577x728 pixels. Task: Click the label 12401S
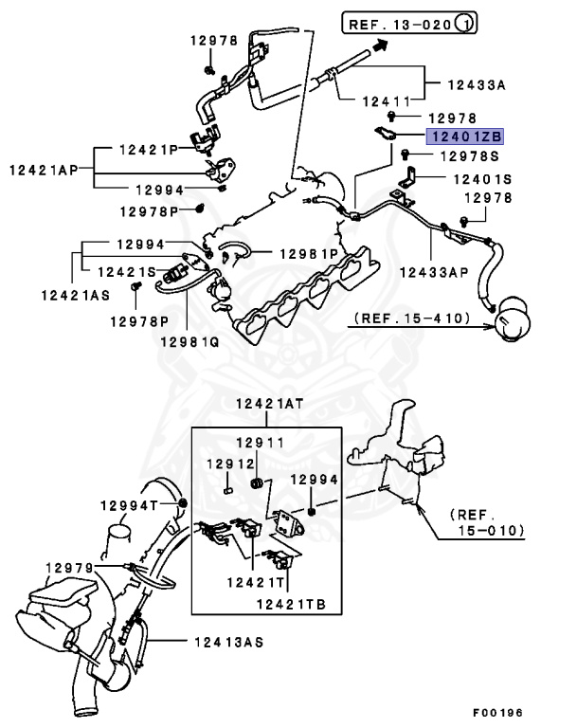(479, 178)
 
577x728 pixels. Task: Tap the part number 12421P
(148, 150)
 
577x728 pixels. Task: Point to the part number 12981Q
(189, 340)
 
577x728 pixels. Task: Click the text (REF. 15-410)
(413, 318)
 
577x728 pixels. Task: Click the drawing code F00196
(497, 713)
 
